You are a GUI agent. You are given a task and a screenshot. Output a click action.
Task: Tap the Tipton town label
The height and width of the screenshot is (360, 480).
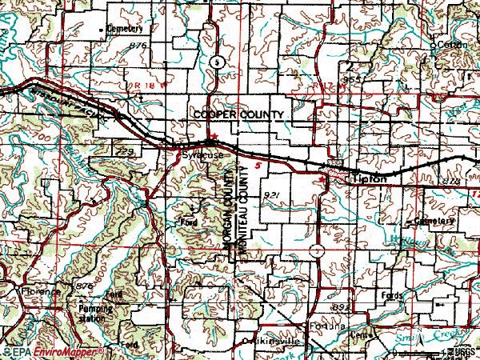(369, 180)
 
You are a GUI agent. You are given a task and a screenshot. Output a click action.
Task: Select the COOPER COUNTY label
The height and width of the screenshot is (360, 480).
(238, 116)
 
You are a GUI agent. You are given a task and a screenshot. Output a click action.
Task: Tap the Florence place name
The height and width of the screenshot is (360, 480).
(41, 293)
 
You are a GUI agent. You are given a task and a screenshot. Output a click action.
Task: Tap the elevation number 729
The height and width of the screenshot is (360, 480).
(123, 150)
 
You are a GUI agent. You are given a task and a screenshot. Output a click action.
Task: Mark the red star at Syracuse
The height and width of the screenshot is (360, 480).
(212, 143)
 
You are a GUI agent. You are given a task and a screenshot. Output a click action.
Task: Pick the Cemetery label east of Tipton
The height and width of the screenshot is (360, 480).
(435, 221)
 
